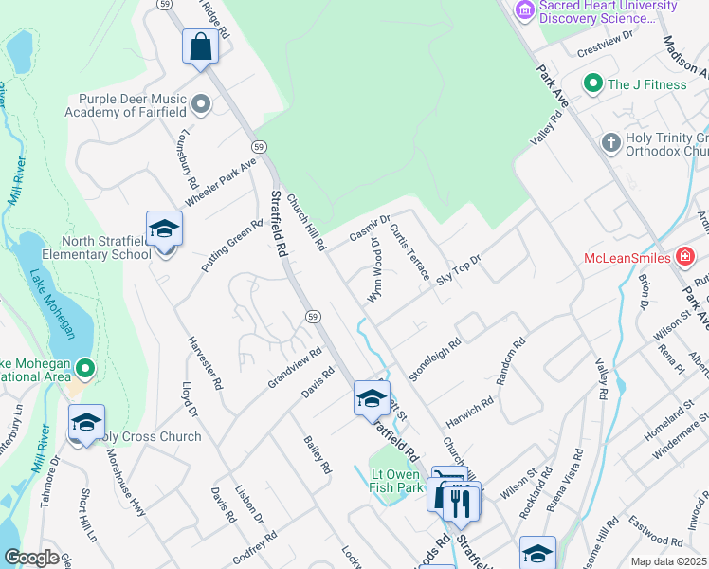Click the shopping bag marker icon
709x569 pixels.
point(201,46)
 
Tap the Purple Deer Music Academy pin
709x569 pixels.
point(200,103)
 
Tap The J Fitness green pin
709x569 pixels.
point(593,84)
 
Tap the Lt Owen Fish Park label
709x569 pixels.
point(396,480)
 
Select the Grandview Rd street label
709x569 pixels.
point(295,367)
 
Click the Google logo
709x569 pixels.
point(31,558)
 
